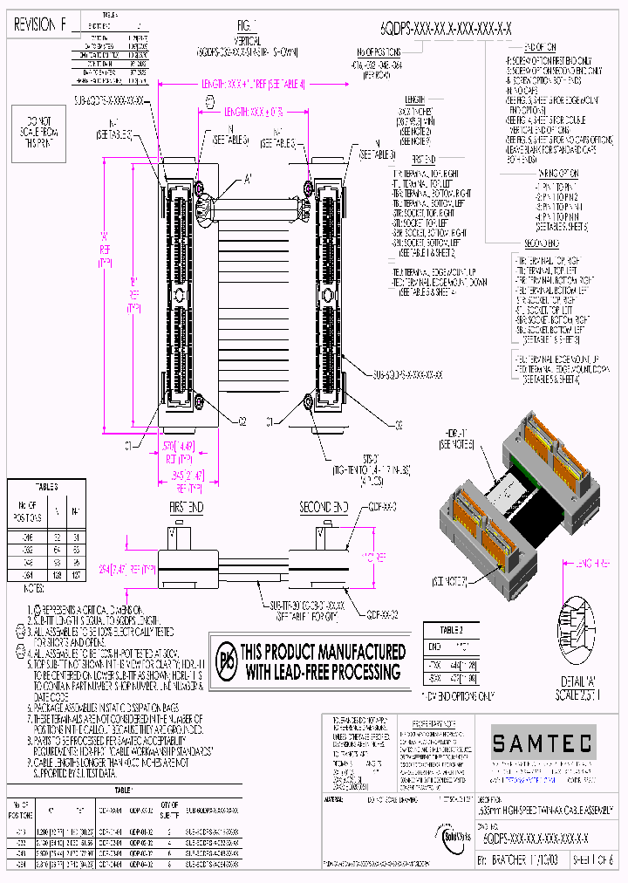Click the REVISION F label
[x=40, y=26]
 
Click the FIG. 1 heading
[x=249, y=25]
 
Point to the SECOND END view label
[x=324, y=506]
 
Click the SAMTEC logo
[x=541, y=743]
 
